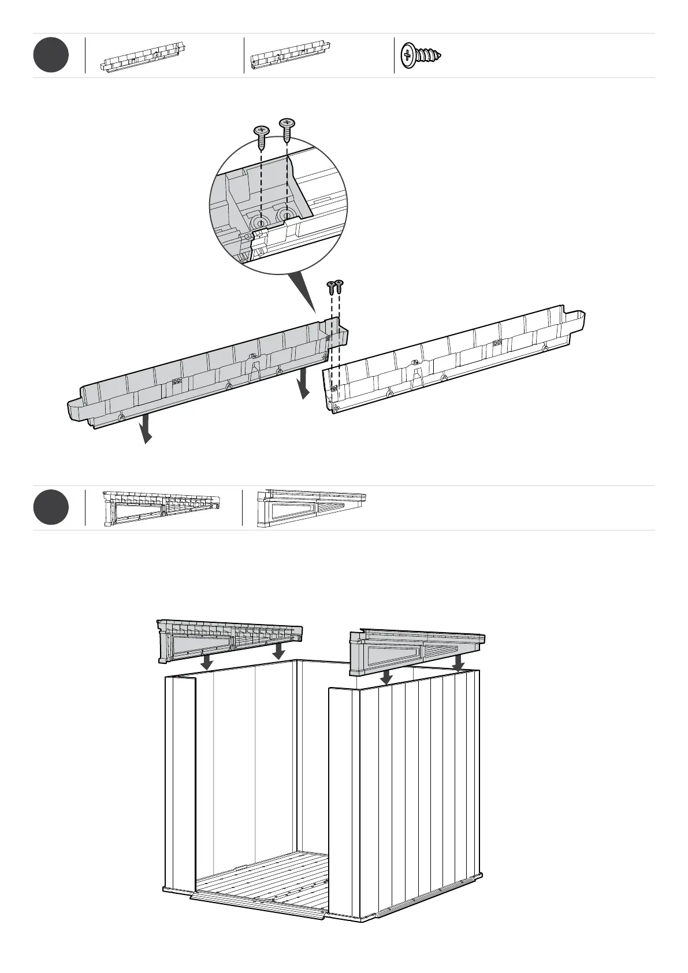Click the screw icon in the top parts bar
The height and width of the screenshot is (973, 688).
[421, 55]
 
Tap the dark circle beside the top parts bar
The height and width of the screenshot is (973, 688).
[51, 55]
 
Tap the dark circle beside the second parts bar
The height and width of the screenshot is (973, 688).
[51, 507]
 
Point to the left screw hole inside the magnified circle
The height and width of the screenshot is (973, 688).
[261, 222]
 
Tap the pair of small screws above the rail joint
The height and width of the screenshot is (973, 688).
[335, 286]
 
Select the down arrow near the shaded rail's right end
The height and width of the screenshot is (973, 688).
[303, 385]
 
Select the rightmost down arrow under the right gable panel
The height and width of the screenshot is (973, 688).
[458, 662]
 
